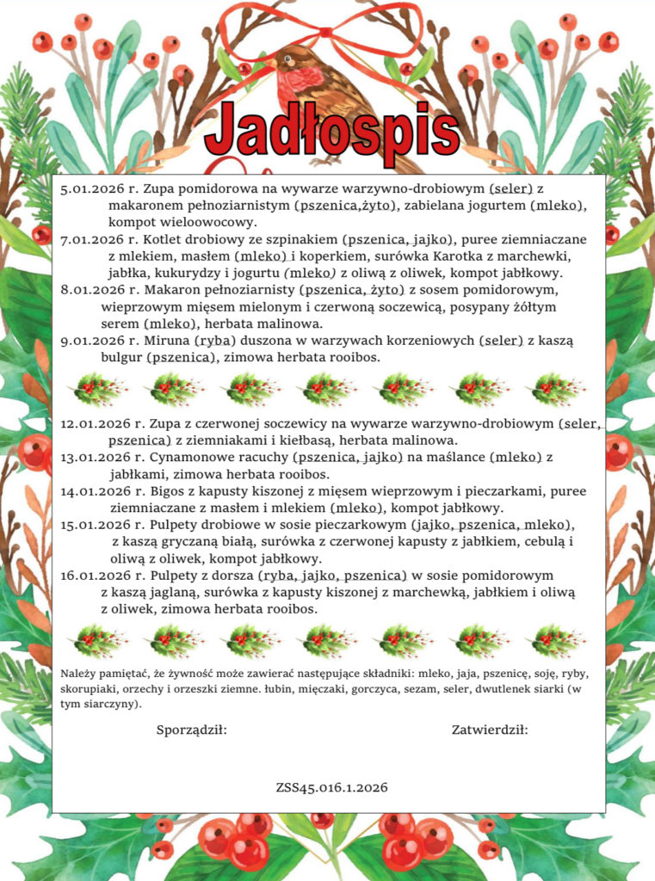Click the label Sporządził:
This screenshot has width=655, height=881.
tap(191, 730)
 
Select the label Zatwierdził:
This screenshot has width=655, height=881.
tap(490, 730)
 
